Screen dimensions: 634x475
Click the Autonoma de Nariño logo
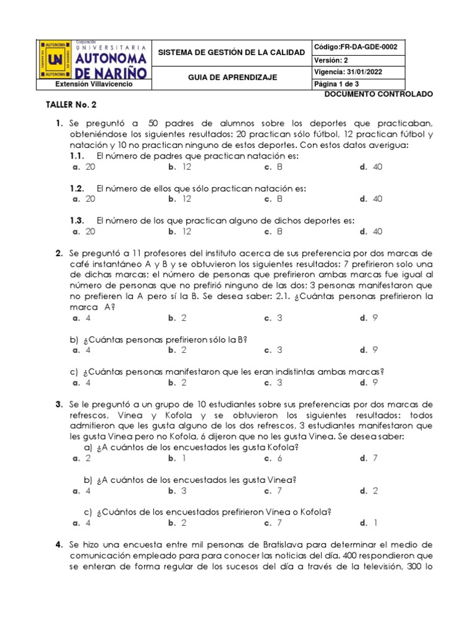tap(93, 60)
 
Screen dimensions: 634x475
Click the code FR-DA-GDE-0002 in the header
tap(356, 47)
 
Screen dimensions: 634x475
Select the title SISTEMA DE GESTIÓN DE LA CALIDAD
tap(231, 53)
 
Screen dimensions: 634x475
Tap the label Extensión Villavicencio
tap(93, 84)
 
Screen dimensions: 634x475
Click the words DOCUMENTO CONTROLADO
tap(379, 93)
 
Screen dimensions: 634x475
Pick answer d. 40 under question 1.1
tap(371, 167)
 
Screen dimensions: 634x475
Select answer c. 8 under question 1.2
tap(273, 199)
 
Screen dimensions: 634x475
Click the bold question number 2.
tap(59, 253)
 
